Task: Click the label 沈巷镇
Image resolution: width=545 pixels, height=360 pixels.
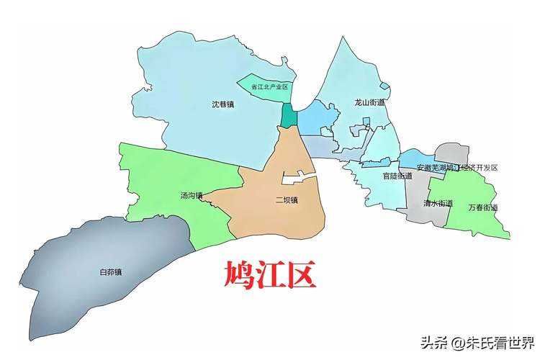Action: point(222,104)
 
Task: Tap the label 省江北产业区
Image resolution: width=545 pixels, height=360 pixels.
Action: point(269,87)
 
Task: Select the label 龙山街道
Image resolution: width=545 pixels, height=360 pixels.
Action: point(369,103)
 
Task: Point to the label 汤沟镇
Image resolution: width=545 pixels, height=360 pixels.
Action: point(192,195)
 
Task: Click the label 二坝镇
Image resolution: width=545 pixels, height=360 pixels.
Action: point(286,200)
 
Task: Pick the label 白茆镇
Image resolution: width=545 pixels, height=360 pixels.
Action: point(110,272)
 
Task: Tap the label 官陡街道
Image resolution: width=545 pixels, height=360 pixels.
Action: point(397,176)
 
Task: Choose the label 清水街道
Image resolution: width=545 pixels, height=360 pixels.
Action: point(438,203)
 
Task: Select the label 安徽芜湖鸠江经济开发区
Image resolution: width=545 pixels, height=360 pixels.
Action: point(457,168)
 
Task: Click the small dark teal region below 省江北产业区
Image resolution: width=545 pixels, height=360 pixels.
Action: point(288,116)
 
